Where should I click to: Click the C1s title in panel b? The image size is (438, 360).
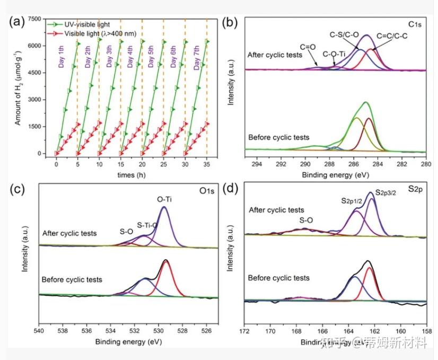click(x=415, y=25)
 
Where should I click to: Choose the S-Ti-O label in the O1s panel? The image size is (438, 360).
click(x=147, y=225)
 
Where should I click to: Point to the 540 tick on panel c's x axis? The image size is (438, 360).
click(x=39, y=331)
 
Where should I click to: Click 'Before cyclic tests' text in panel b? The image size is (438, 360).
click(x=278, y=138)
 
